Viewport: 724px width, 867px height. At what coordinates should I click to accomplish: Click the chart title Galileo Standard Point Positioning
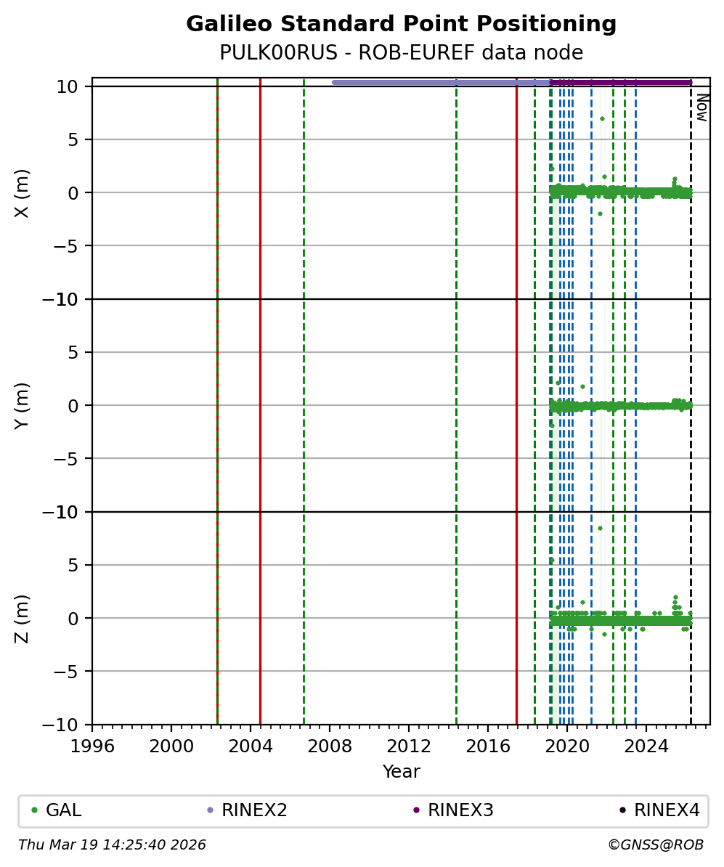[401, 24]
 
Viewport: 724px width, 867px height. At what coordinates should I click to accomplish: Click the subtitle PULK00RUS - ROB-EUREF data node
[401, 53]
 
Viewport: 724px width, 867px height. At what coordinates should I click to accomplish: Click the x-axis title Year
[401, 772]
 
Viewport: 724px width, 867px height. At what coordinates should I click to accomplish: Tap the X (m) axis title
[23, 192]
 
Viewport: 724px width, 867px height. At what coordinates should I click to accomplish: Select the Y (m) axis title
[23, 405]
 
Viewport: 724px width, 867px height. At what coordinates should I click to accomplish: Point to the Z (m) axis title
[23, 618]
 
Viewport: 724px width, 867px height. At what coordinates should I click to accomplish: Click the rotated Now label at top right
[701, 107]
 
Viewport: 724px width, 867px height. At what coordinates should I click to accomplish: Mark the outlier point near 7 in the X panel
[602, 118]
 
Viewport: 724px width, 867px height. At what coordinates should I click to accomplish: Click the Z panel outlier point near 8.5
[600, 528]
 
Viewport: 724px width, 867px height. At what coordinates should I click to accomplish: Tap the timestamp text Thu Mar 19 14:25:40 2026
[112, 845]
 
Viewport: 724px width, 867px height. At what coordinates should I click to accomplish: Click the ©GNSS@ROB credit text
[655, 845]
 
